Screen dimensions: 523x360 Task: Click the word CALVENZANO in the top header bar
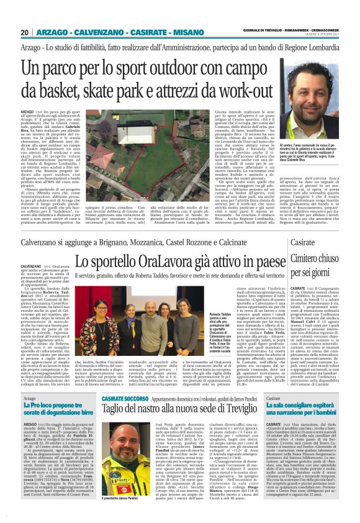[92, 32]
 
